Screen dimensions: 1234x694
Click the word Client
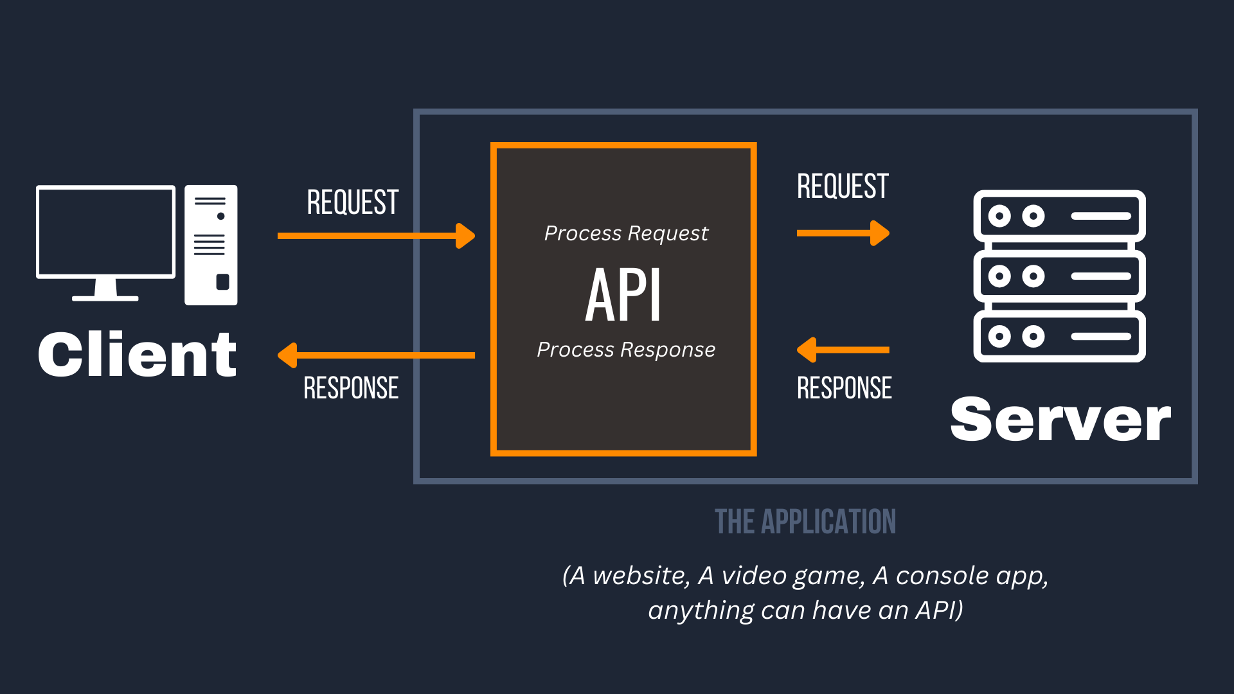[137, 354]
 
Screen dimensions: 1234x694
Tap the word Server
[1060, 419]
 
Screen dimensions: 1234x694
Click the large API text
[623, 295]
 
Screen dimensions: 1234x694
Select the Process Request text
[626, 234]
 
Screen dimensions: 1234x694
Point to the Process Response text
[626, 350]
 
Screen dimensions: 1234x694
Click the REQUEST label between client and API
[353, 202]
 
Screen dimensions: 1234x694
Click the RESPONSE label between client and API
[351, 388]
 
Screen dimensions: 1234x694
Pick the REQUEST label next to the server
[843, 186]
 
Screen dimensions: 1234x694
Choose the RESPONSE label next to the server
[845, 388]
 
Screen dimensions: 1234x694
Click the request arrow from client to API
[376, 236]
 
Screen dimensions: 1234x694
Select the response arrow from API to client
[376, 355]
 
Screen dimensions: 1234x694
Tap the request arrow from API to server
[843, 233]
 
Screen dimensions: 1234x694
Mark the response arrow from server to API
[843, 350]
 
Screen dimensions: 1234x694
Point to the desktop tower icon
[211, 245]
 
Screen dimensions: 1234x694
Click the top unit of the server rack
[1059, 217]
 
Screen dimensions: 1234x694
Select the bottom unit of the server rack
[1059, 336]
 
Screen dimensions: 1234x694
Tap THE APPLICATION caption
[805, 522]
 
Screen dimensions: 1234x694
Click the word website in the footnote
[641, 576]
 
